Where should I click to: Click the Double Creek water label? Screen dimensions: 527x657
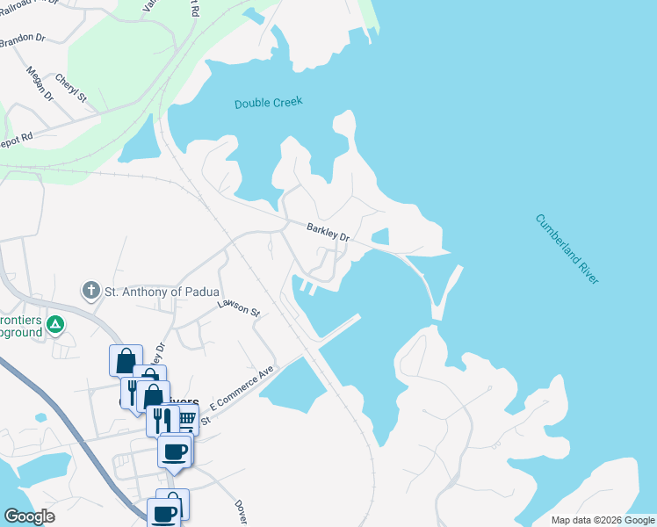(268, 103)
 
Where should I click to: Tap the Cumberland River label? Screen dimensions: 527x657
(567, 249)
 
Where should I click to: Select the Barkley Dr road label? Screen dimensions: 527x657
(328, 233)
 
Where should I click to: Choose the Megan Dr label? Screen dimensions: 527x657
(40, 85)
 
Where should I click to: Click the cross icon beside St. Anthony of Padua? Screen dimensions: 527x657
(90, 291)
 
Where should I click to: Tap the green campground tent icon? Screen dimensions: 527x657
(55, 325)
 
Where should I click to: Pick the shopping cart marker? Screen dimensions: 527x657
(186, 418)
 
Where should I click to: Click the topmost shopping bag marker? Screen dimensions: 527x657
(125, 360)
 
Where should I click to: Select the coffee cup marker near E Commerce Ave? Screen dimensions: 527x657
(175, 451)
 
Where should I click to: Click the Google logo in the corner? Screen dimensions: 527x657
(29, 516)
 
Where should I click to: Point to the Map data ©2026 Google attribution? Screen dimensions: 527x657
(603, 520)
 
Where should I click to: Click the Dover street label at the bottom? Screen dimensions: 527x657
(241, 511)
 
